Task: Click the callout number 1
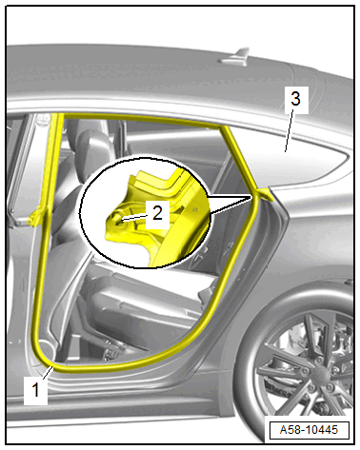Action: tap(35, 390)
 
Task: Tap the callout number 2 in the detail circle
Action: tap(157, 212)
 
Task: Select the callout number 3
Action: tap(295, 98)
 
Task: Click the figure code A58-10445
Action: tap(309, 430)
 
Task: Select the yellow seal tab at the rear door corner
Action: tap(264, 194)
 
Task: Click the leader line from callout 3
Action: tap(290, 133)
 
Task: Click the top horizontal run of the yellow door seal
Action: tap(143, 118)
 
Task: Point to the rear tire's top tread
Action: tap(305, 293)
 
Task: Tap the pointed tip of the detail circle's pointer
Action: tap(251, 197)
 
